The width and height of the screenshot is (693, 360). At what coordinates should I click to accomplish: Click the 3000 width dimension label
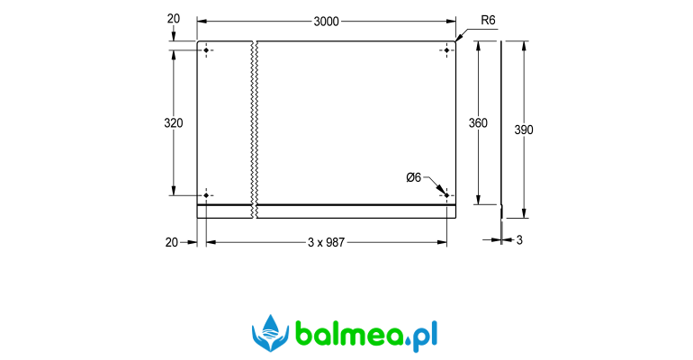click(x=326, y=22)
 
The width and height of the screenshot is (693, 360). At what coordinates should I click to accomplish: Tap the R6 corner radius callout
click(x=488, y=20)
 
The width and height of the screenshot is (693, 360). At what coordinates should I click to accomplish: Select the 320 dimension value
click(x=173, y=122)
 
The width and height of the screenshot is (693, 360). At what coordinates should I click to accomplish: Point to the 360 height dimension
click(x=478, y=122)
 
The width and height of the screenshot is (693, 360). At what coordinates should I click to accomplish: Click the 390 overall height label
click(x=524, y=130)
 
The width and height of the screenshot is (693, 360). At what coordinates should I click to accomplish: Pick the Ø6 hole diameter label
click(x=414, y=177)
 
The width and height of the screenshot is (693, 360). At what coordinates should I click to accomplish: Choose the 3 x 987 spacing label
click(x=326, y=242)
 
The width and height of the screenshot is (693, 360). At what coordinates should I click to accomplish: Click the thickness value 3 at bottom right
click(x=519, y=240)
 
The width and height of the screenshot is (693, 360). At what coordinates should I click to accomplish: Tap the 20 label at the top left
click(x=174, y=19)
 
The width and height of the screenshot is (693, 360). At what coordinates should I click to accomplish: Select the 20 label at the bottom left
click(x=172, y=242)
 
